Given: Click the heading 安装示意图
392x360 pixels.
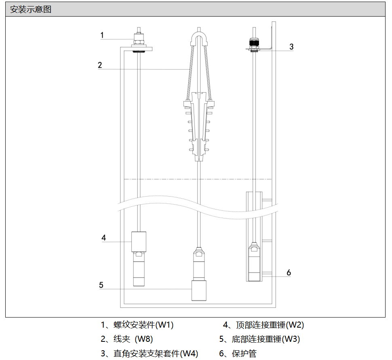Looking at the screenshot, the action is tap(30, 9).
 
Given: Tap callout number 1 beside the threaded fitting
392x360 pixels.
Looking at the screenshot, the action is tap(102, 35).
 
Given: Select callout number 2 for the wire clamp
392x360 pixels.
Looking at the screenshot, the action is tap(100, 65).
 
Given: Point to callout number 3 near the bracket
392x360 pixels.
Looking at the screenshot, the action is tap(291, 47).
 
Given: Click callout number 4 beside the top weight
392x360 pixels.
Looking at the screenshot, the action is tap(103, 238).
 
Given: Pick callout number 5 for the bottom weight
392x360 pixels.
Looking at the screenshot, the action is tap(101, 285).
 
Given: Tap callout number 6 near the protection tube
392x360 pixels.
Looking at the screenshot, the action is tap(289, 273).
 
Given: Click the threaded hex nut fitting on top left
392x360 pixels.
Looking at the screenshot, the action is tap(139, 39).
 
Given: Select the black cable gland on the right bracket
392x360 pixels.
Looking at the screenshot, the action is tap(254, 42).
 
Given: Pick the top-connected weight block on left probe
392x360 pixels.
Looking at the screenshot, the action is tap(139, 241).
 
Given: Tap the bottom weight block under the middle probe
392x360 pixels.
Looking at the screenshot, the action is tap(199, 290).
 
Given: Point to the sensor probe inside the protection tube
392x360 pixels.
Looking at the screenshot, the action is tap(254, 261).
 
